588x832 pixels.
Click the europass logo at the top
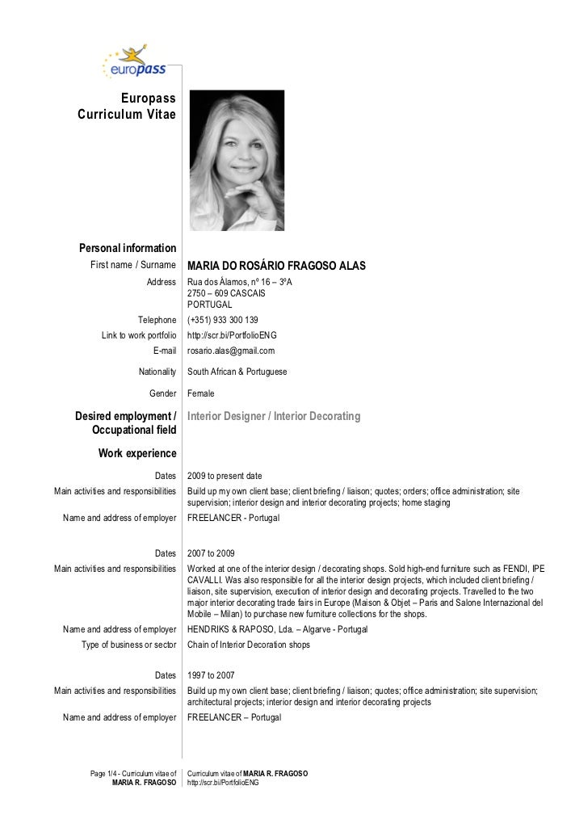(x=134, y=62)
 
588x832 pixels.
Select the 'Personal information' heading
(x=127, y=248)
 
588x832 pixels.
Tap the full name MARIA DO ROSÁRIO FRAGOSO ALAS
(x=276, y=266)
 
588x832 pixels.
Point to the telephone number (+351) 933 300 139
(x=223, y=320)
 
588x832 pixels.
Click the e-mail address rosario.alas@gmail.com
(x=231, y=351)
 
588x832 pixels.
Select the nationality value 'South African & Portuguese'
(x=237, y=372)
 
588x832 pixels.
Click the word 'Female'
(x=201, y=393)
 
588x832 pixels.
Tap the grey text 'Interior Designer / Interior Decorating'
(x=274, y=416)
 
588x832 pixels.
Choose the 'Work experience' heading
(x=136, y=453)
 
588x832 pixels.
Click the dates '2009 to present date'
(x=225, y=476)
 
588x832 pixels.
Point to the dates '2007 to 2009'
(x=211, y=553)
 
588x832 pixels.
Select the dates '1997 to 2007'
(x=211, y=674)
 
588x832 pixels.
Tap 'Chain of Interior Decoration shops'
(x=248, y=644)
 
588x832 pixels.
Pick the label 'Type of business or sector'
(x=128, y=644)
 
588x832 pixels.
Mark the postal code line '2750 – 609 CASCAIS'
(x=226, y=293)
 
